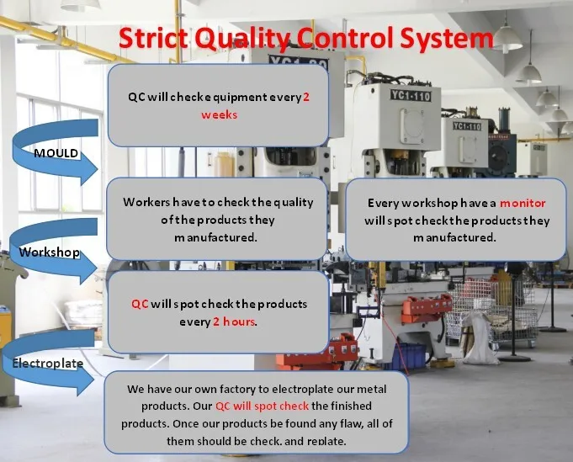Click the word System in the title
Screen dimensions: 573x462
coord(446,39)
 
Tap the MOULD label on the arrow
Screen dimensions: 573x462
coord(56,153)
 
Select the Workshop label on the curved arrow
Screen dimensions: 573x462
coord(50,252)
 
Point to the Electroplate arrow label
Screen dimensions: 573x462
coord(48,364)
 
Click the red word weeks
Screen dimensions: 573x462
coord(220,115)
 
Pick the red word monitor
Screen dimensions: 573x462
coord(523,203)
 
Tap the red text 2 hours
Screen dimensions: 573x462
coord(234,321)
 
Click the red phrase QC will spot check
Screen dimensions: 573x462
coord(262,406)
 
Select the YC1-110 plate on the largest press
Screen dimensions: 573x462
coord(411,96)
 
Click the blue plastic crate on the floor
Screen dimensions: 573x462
coord(409,356)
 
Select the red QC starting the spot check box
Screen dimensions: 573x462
coord(140,304)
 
